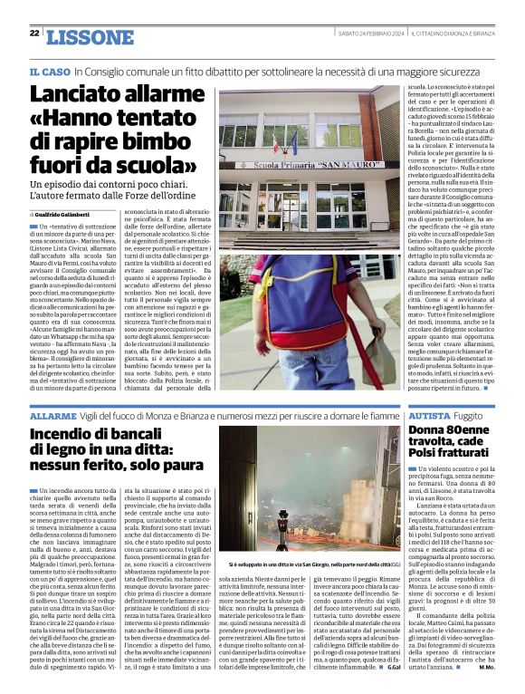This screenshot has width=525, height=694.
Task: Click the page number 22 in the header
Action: click(33, 34)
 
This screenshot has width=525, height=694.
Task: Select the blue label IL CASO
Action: click(49, 71)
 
